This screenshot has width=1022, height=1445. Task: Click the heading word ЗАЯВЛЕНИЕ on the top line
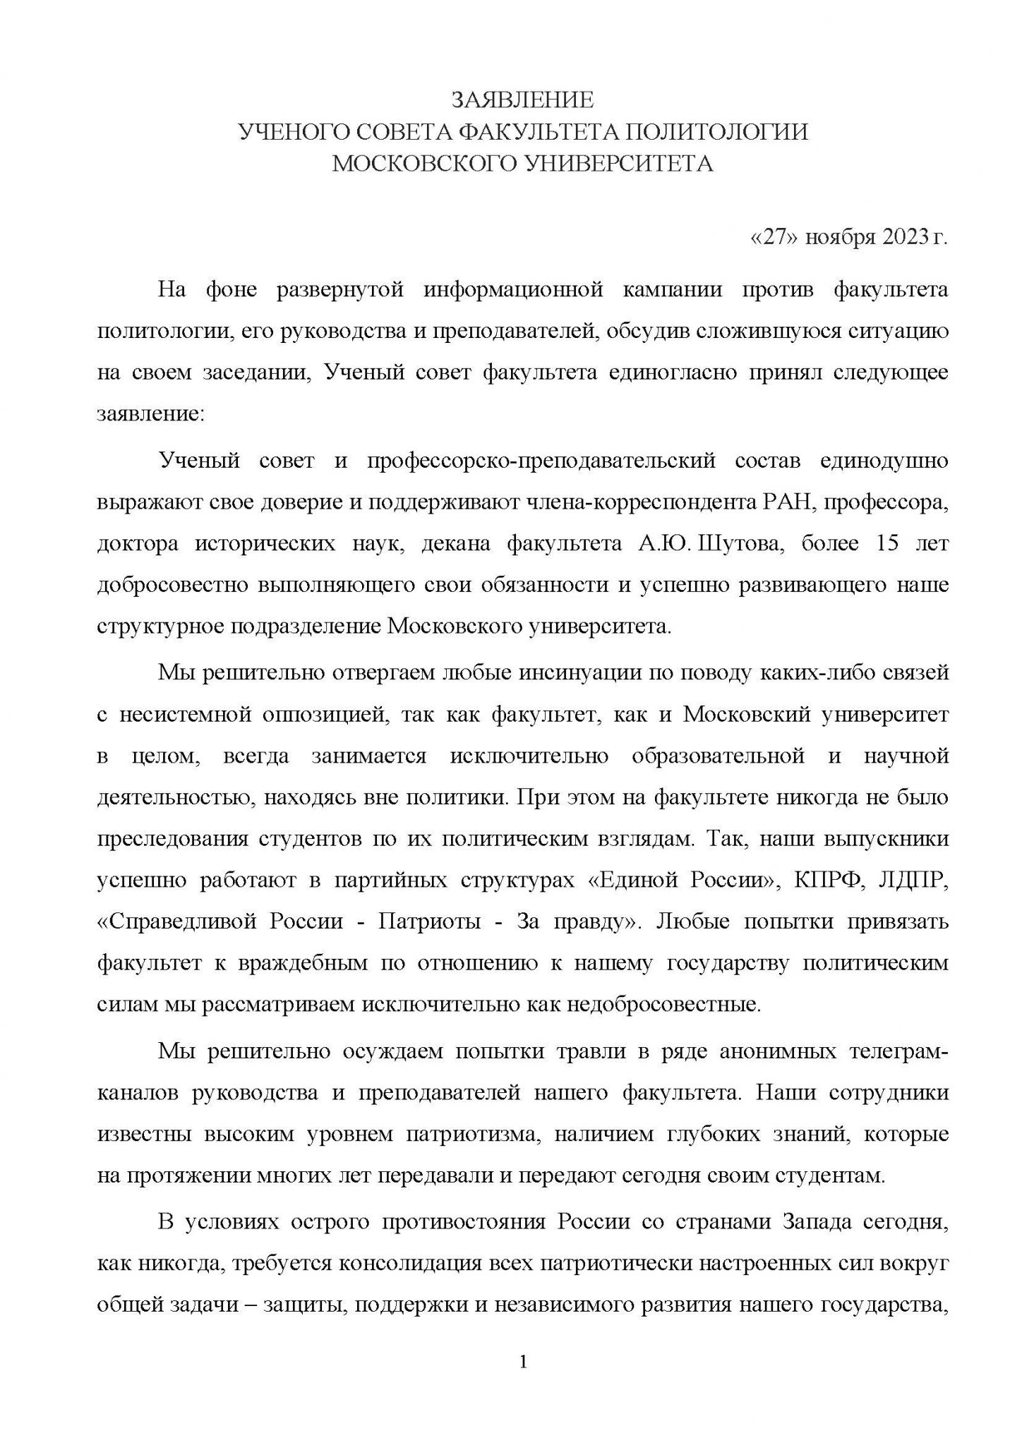click(522, 100)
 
